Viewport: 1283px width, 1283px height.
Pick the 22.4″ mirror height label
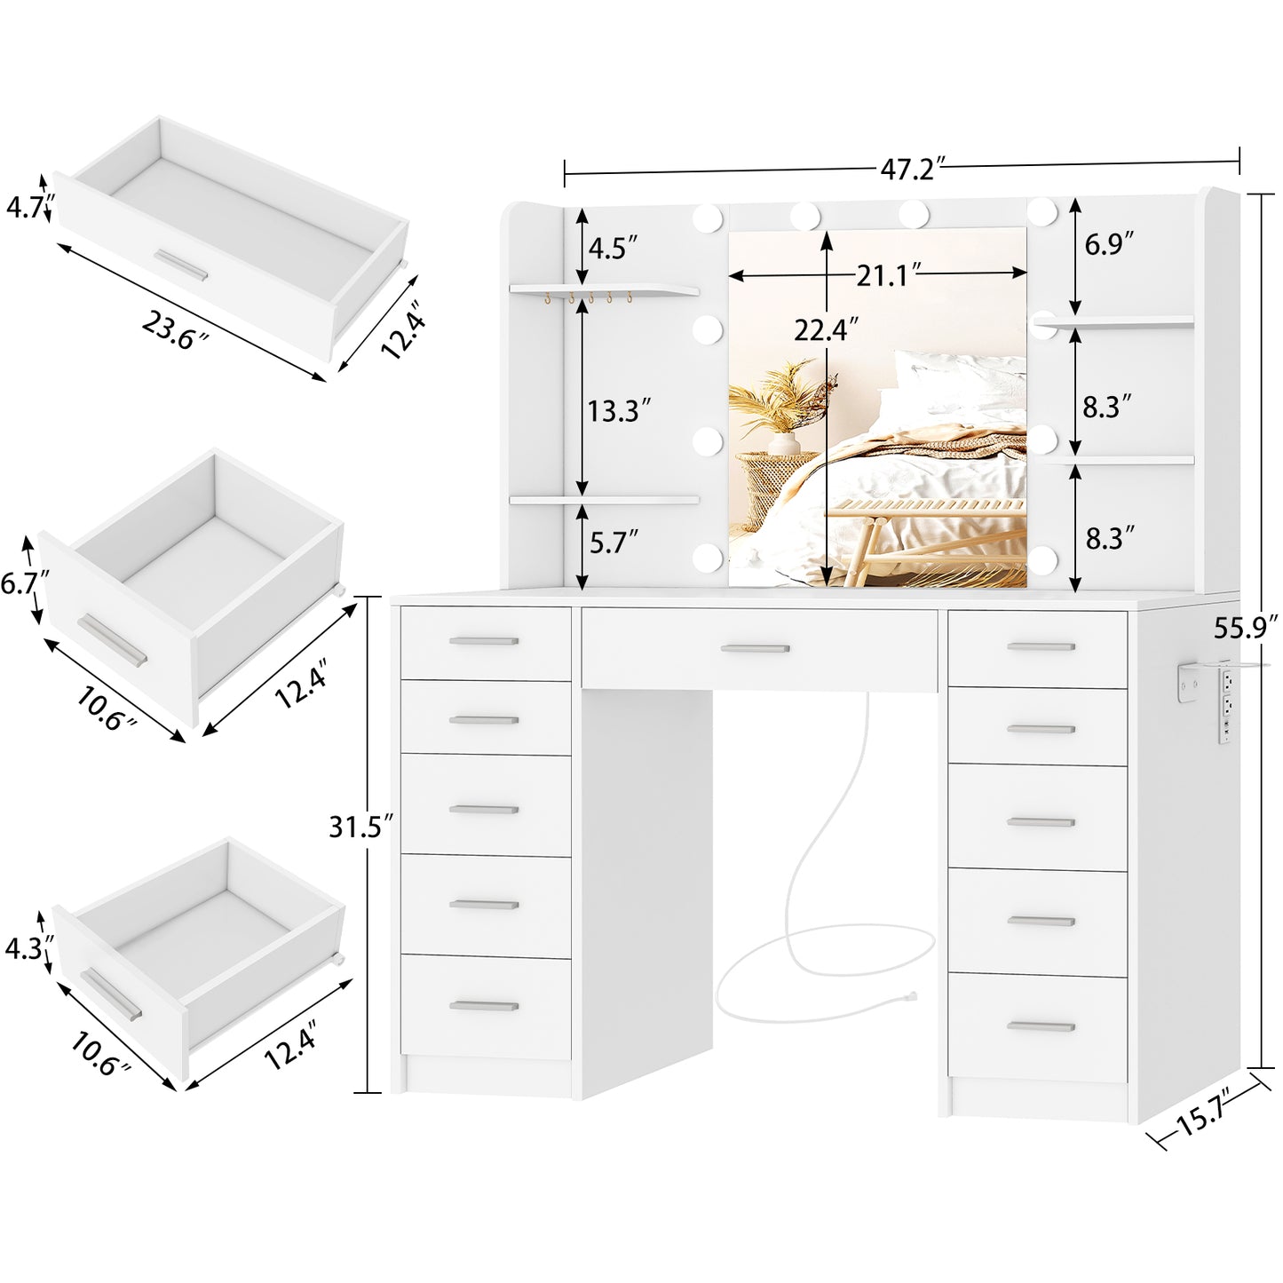coord(826,330)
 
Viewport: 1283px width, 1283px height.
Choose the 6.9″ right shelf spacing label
coord(1109,244)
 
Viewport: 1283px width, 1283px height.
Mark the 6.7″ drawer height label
coord(24,582)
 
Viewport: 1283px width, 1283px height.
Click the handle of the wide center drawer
coord(755,649)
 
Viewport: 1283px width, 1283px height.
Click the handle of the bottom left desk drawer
coord(484,1006)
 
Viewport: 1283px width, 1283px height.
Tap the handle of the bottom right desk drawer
coord(1040,1026)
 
